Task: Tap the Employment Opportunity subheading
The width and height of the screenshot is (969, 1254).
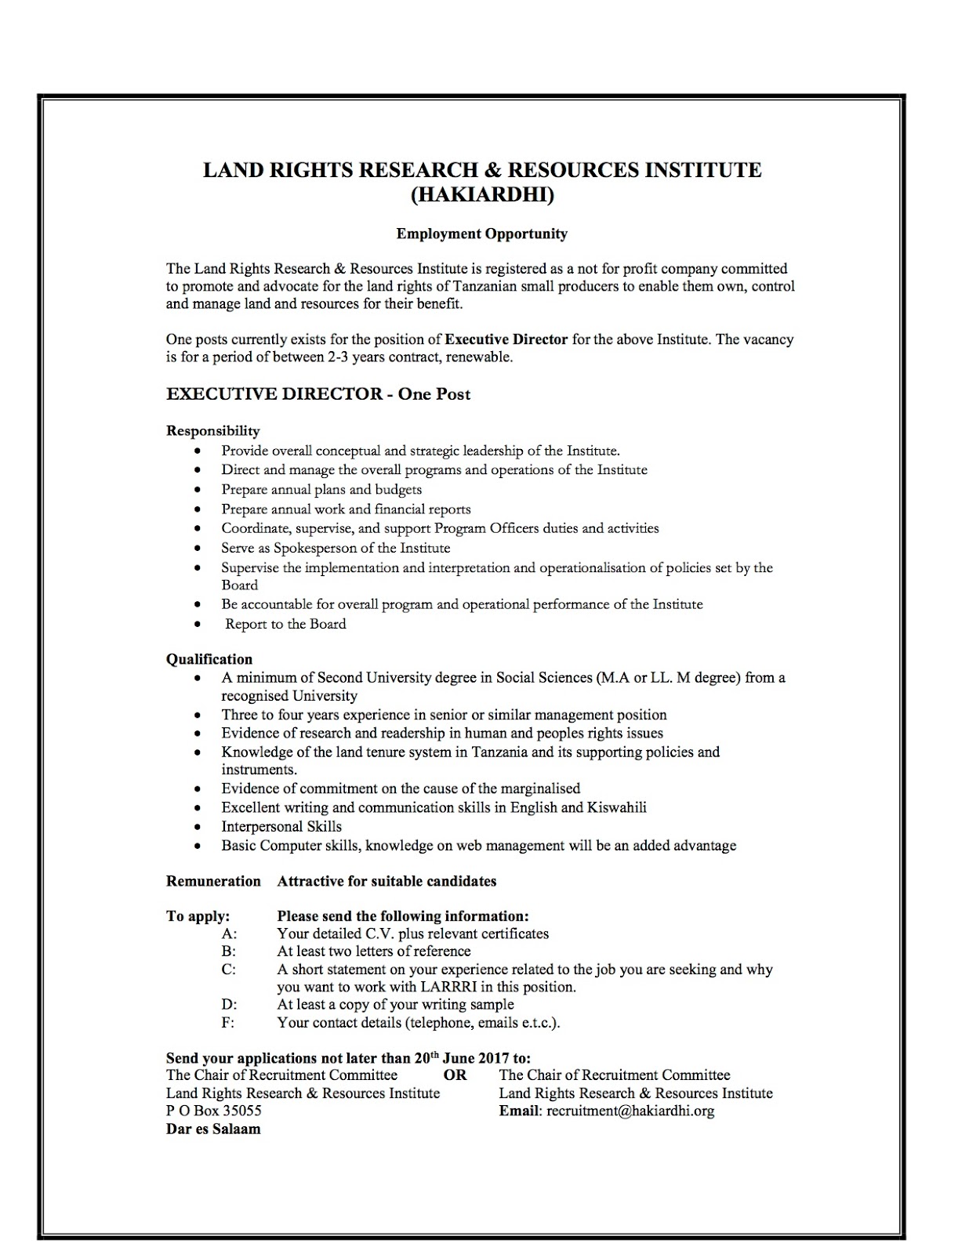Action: [x=481, y=234]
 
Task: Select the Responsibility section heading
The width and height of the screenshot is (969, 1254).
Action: [x=212, y=430]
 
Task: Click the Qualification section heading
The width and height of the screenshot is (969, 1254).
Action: [x=209, y=659]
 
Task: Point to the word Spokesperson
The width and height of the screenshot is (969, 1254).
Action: [x=322, y=548]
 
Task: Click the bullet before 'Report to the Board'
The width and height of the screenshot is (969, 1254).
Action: [x=201, y=625]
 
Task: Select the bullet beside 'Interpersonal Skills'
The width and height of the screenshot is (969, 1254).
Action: [x=201, y=828]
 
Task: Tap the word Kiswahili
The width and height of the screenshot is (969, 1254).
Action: [x=616, y=807]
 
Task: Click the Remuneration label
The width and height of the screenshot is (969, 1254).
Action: [x=213, y=881]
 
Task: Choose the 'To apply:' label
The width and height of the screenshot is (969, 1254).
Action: [x=198, y=916]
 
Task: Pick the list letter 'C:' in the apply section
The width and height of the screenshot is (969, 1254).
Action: [x=229, y=969]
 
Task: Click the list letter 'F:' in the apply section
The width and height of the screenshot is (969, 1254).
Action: [x=228, y=1023]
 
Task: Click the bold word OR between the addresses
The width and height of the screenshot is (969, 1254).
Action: [x=455, y=1075]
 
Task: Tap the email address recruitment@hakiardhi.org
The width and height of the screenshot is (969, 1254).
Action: [x=630, y=1111]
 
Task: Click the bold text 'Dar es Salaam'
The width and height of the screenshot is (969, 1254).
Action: [x=213, y=1129]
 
